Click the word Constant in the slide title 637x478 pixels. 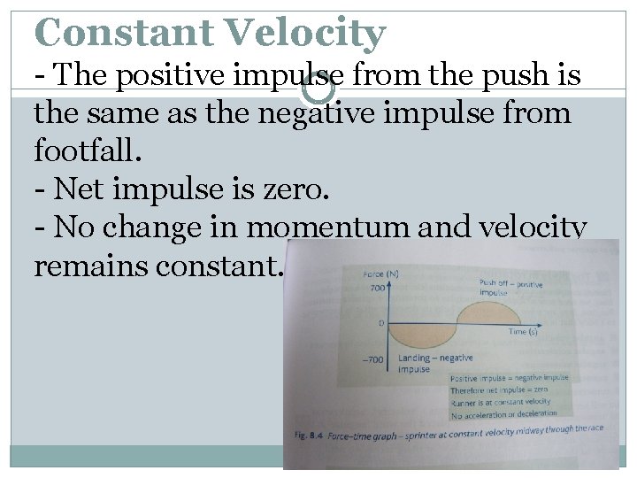(123, 33)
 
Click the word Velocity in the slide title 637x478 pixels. (306, 33)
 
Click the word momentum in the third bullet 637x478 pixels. (346, 227)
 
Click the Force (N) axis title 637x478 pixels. (380, 274)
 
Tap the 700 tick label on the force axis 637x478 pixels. (379, 289)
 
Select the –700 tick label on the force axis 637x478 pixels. (373, 360)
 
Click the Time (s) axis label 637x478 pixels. (522, 331)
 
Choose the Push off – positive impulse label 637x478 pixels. (510, 289)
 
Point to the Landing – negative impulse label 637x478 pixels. (435, 364)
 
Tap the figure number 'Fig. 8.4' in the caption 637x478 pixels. (311, 436)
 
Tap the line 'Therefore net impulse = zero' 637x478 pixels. (498, 389)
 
